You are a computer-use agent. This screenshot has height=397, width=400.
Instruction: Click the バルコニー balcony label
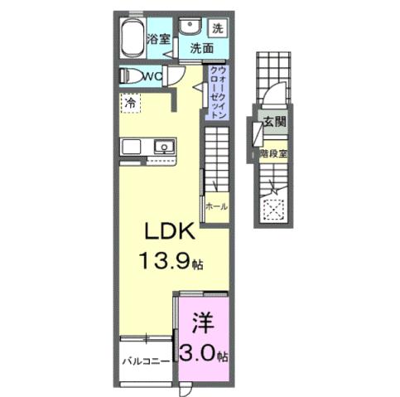point(146,362)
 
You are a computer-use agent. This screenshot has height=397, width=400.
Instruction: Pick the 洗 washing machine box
point(217,27)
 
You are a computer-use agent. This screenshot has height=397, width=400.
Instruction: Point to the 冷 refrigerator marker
point(130,103)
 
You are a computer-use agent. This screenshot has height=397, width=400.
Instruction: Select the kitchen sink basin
point(164,148)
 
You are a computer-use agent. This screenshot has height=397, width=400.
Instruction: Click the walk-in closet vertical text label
point(215,92)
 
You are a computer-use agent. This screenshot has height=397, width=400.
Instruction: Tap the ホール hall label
point(217,206)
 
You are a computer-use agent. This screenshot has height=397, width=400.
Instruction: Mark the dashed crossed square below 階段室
point(272,209)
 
